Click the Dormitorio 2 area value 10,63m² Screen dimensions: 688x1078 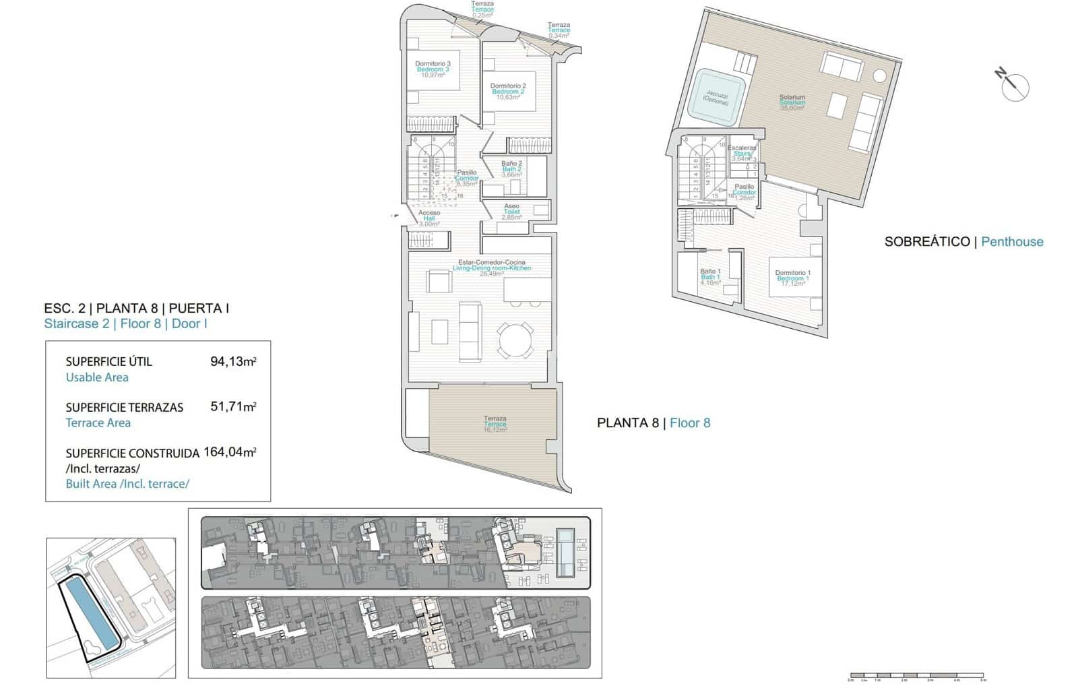pos(509,97)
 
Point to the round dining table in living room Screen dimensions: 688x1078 pos(515,340)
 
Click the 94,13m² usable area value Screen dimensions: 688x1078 pos(233,361)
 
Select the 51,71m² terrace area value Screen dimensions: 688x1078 pos(233,407)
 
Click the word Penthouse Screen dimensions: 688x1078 pos(1012,241)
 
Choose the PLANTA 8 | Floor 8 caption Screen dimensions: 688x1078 pos(654,423)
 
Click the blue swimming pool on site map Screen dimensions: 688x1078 pos(89,617)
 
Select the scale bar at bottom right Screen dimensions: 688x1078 pos(916,675)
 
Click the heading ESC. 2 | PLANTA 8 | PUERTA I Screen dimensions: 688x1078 pos(136,309)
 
